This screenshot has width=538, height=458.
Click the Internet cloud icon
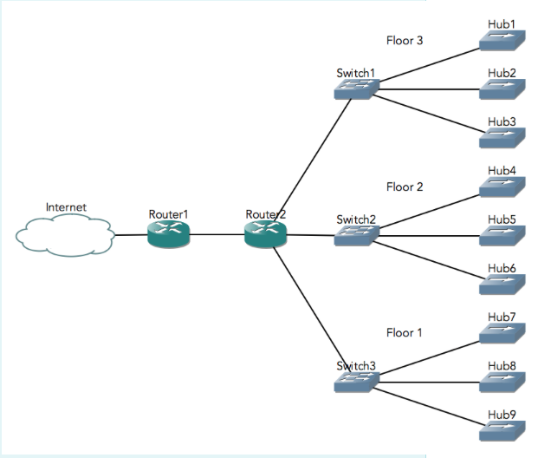click(65, 235)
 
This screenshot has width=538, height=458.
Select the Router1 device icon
click(168, 234)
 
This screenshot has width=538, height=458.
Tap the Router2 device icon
click(265, 234)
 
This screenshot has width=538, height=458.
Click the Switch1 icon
click(356, 88)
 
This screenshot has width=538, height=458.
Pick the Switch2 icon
click(356, 234)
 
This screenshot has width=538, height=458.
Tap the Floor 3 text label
click(405, 40)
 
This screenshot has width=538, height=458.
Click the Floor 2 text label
click(405, 186)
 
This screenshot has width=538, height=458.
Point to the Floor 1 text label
click(405, 332)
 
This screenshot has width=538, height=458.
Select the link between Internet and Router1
click(130, 234)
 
